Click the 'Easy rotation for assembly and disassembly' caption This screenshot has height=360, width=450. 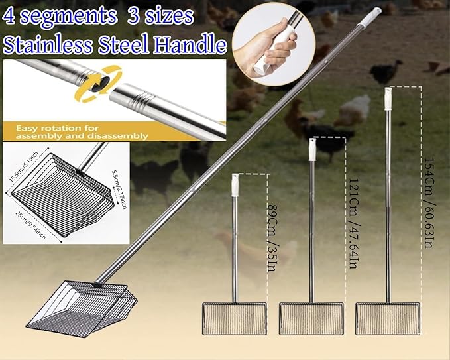(x=80, y=131)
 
